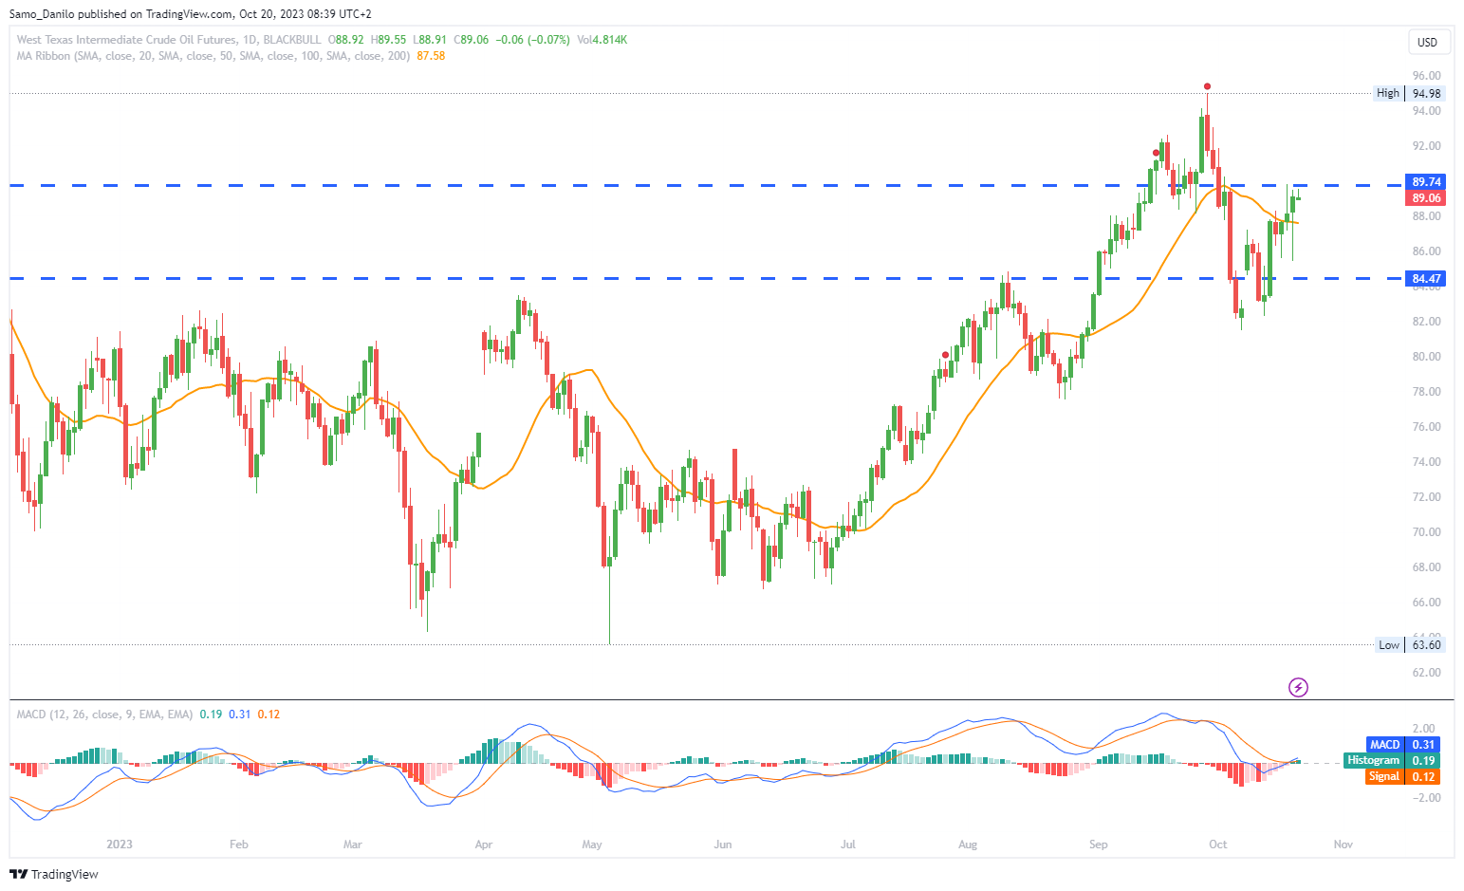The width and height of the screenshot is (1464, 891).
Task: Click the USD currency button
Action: [x=1427, y=42]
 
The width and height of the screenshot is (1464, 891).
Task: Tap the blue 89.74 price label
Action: [x=1425, y=182]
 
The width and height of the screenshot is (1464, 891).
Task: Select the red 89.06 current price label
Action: [x=1425, y=198]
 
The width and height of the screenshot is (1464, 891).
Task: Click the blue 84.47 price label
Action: [x=1425, y=279]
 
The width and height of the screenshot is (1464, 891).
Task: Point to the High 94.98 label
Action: [x=1410, y=93]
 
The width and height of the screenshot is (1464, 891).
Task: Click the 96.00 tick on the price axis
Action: [x=1425, y=76]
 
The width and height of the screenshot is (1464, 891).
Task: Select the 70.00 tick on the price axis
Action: [x=1425, y=532]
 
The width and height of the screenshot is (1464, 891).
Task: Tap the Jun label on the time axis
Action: [x=723, y=845]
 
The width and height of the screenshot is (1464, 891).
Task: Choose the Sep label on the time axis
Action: [x=1098, y=845]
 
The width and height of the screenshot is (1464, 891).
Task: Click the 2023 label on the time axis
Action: [x=120, y=845]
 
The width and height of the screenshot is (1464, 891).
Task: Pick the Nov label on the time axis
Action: [x=1343, y=845]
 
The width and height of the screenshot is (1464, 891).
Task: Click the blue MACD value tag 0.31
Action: [x=1403, y=745]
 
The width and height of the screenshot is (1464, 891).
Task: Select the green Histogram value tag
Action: [x=1392, y=761]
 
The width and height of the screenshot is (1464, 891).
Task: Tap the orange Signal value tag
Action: [x=1403, y=777]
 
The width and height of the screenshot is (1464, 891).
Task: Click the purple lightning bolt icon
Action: [x=1298, y=687]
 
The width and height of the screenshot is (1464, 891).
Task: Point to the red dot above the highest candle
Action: [x=1207, y=86]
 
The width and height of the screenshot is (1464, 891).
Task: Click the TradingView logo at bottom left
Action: [x=54, y=874]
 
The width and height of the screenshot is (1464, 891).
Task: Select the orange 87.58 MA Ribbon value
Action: [x=431, y=56]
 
